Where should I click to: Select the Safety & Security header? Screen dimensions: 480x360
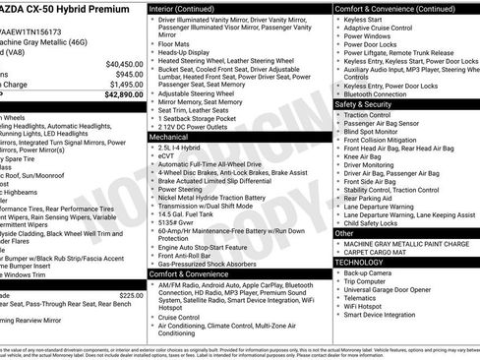click(x=365, y=102)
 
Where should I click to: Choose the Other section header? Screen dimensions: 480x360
click(x=345, y=233)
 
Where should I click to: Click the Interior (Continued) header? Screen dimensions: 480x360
click(x=183, y=8)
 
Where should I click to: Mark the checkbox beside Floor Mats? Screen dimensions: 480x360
click(x=152, y=43)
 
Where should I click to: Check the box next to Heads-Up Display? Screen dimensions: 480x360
click(x=152, y=52)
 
